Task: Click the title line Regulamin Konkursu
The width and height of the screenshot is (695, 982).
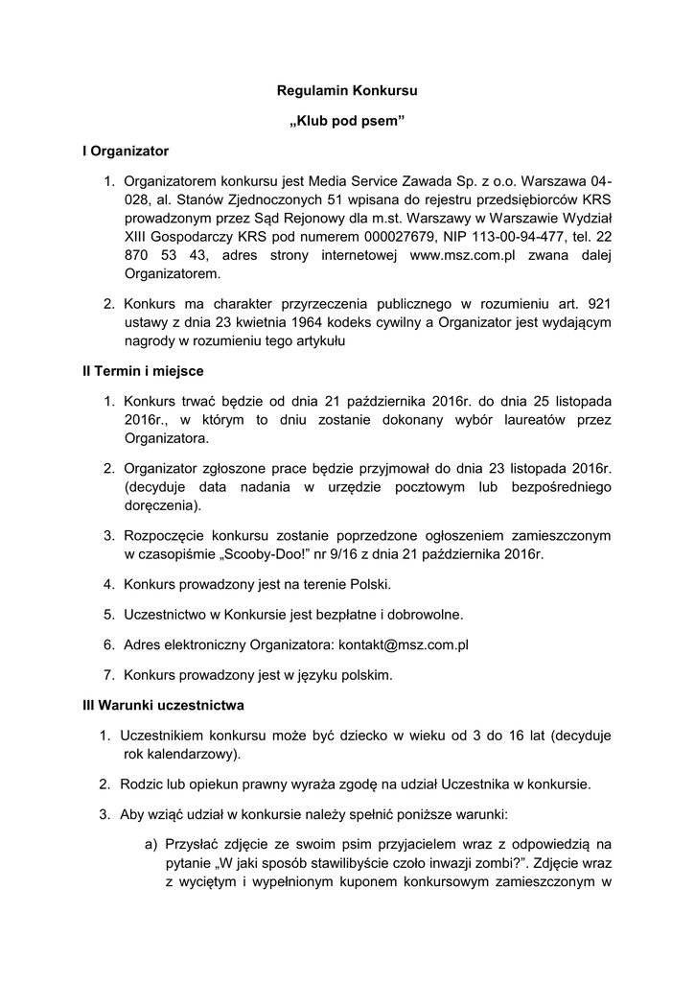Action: tap(347, 92)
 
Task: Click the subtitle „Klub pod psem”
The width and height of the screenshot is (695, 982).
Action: tap(347, 122)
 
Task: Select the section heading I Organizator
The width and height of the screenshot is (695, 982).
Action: tap(126, 151)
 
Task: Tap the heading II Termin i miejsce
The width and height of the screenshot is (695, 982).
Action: tap(143, 370)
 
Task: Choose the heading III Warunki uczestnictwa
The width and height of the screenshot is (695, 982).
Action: tap(163, 705)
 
